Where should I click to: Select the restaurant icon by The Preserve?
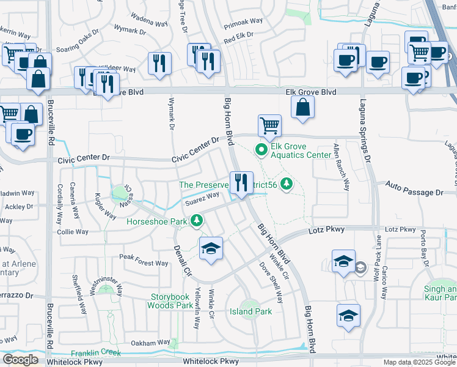click(241, 183)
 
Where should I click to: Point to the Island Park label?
click(250, 311)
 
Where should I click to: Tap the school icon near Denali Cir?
click(211, 248)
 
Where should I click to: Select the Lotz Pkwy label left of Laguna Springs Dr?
click(328, 229)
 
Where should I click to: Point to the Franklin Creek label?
click(96, 354)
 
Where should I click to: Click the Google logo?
click(20, 360)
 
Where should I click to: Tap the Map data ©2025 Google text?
click(419, 362)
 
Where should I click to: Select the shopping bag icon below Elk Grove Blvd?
click(302, 108)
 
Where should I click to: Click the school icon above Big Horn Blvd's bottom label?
click(348, 316)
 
